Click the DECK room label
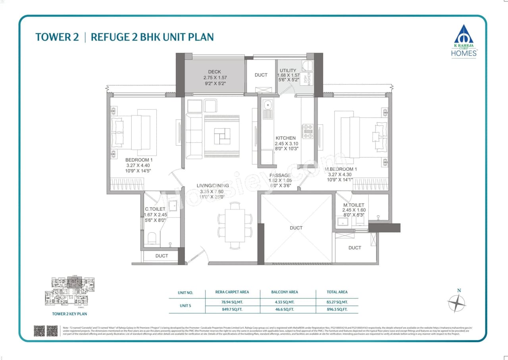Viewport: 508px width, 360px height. [x=214, y=72]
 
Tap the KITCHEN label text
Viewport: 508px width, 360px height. [x=286, y=138]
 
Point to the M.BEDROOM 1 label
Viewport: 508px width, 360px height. [x=341, y=169]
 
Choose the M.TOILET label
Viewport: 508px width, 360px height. [x=354, y=205]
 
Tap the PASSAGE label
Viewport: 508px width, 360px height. [x=280, y=175]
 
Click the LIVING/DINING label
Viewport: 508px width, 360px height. [x=212, y=185]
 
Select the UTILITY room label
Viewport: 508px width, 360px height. [x=288, y=70]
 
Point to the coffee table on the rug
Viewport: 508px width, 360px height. [x=221, y=136]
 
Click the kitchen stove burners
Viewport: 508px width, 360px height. [x=308, y=131]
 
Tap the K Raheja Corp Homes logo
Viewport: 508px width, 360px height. [x=464, y=41]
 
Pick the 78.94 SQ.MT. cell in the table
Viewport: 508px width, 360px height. [x=232, y=302]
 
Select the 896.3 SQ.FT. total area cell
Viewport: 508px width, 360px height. [x=337, y=309]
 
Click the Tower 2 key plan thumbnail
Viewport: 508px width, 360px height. [x=69, y=291]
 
